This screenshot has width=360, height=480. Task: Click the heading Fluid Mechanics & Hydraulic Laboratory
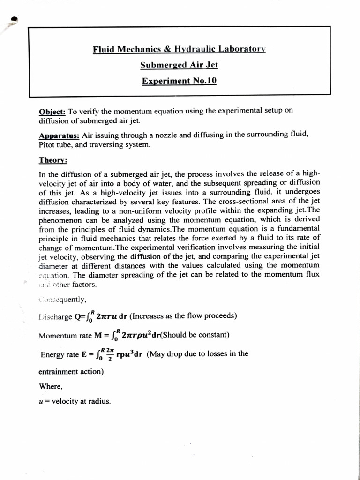pyautogui.click(x=179, y=49)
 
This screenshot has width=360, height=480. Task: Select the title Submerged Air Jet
pyautogui.click(x=179, y=65)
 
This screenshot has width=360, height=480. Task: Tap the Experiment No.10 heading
pyautogui.click(x=179, y=81)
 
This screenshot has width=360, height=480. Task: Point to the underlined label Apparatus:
pyautogui.click(x=59, y=135)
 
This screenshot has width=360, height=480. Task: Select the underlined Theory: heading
pyautogui.click(x=53, y=160)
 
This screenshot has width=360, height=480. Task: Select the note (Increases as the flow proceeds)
pyautogui.click(x=183, y=315)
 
